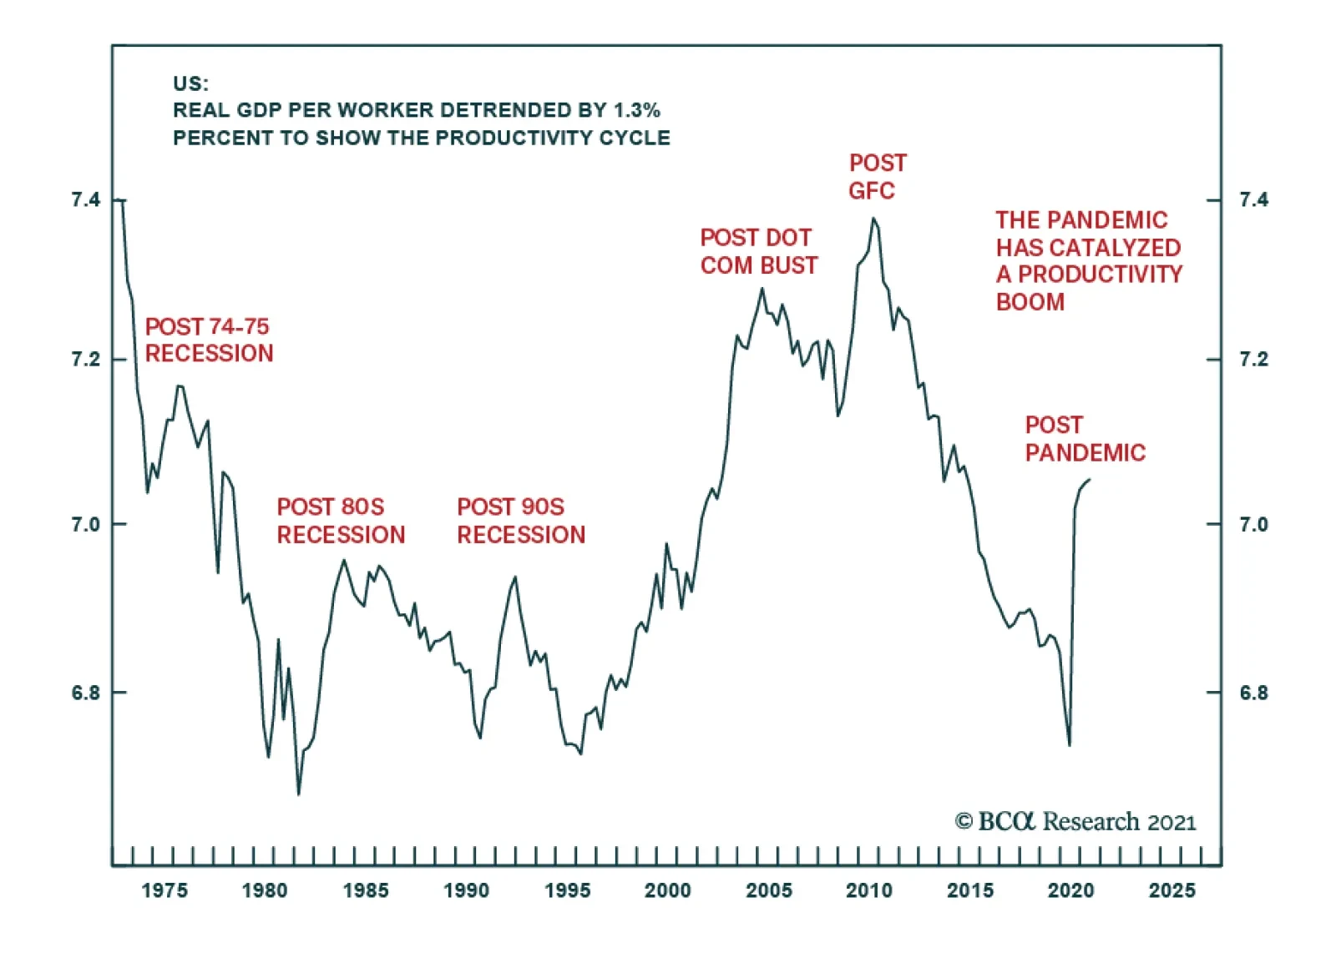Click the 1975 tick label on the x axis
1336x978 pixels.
pyautogui.click(x=164, y=890)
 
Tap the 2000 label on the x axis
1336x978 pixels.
pyautogui.click(x=667, y=890)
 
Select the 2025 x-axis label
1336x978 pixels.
pyautogui.click(x=1172, y=890)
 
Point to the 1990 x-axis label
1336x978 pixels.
pyautogui.click(x=466, y=890)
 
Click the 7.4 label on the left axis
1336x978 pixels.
pyautogui.click(x=85, y=199)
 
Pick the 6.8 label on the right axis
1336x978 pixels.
pyautogui.click(x=1253, y=693)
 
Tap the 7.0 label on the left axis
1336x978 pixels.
pyautogui.click(x=85, y=524)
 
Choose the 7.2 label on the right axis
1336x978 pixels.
pyautogui.click(x=1253, y=360)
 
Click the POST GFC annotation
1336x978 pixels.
pyautogui.click(x=877, y=177)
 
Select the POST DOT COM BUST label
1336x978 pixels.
pyautogui.click(x=758, y=251)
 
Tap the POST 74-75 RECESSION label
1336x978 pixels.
pyautogui.click(x=209, y=340)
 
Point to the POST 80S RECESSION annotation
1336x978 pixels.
pyautogui.click(x=341, y=521)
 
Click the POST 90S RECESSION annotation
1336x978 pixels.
pyautogui.click(x=521, y=521)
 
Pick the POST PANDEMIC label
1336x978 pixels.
pyautogui.click(x=1085, y=439)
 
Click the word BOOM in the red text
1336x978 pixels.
pyautogui.click(x=1030, y=302)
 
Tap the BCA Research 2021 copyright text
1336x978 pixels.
pyautogui.click(x=1075, y=822)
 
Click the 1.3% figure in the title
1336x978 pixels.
pyautogui.click(x=636, y=110)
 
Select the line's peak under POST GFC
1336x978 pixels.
pyautogui.click(x=873, y=219)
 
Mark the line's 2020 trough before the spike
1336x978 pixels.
pyautogui.click(x=1070, y=745)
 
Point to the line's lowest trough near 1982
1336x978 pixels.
pyautogui.click(x=298, y=794)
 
